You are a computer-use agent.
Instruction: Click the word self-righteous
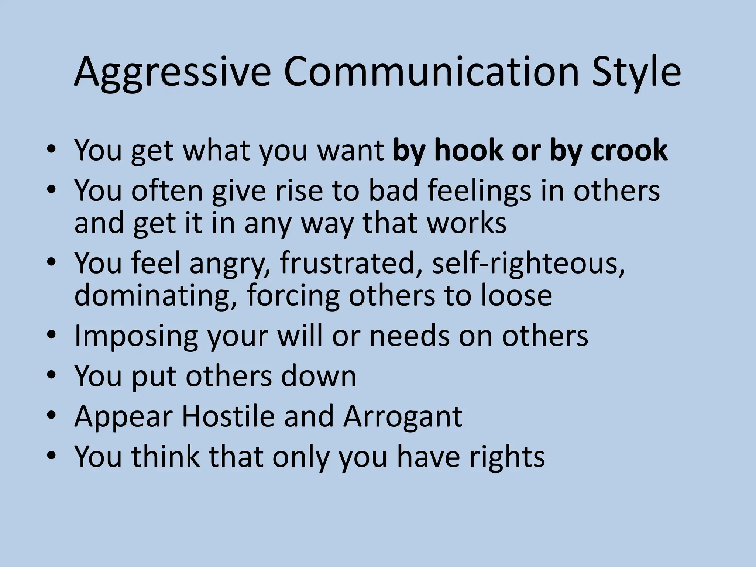coord(528,263)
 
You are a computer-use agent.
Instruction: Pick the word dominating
coord(155,295)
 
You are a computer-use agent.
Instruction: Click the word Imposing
coord(136,336)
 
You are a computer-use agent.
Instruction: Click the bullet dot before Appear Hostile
coord(52,416)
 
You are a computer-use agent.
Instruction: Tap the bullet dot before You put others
coord(52,376)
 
